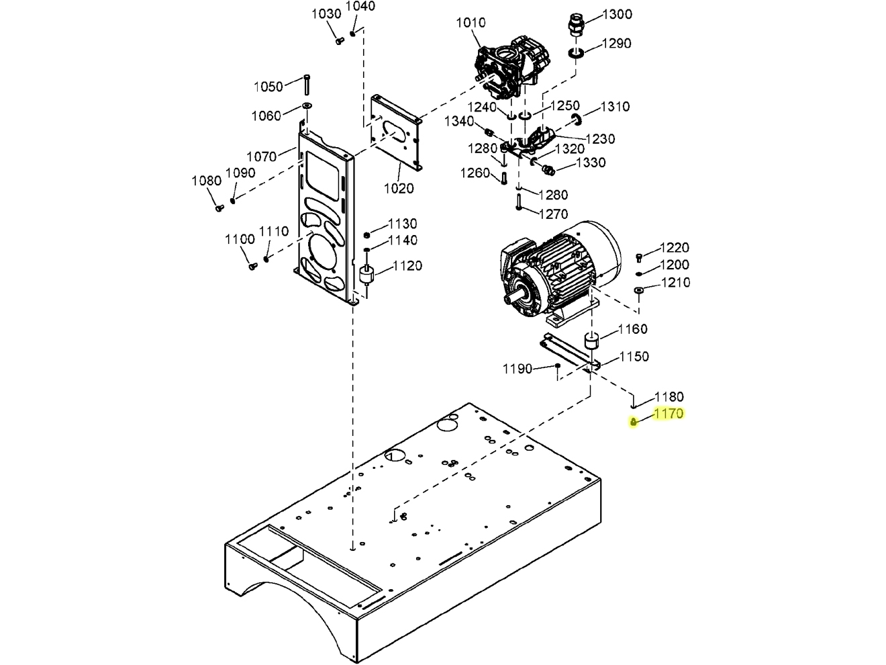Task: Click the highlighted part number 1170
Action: [x=668, y=414]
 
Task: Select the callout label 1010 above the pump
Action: [x=471, y=23]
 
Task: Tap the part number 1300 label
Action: [x=617, y=14]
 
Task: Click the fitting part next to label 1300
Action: [x=575, y=25]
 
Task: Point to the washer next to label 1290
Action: [x=576, y=53]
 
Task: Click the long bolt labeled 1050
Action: [x=306, y=85]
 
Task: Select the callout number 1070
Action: [x=261, y=157]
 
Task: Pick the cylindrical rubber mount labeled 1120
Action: [x=367, y=276]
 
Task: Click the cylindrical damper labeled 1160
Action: [x=592, y=339]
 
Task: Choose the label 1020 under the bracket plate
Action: [x=399, y=188]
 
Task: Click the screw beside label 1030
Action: [x=339, y=40]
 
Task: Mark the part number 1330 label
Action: [x=590, y=163]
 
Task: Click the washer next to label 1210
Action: [x=638, y=290]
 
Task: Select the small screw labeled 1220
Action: [x=638, y=257]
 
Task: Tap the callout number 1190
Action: [x=517, y=369]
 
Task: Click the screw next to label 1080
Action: [x=218, y=208]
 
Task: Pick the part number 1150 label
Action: [x=634, y=357]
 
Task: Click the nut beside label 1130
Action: [x=367, y=234]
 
